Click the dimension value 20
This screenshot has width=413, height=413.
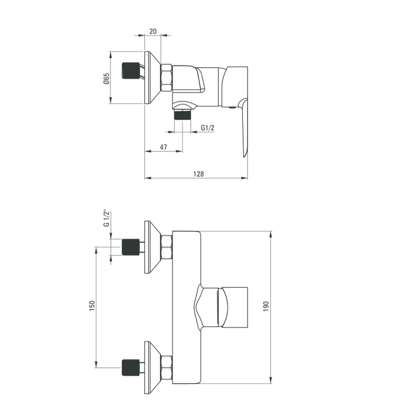pyautogui.click(x=153, y=31)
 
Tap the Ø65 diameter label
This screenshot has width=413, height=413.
pyautogui.click(x=106, y=78)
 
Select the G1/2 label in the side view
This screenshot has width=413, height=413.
pyautogui.click(x=208, y=128)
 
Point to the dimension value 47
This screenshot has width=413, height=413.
pyautogui.click(x=163, y=147)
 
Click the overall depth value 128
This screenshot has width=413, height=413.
pyautogui.click(x=198, y=174)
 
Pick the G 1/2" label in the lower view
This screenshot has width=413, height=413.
pyautogui.click(x=106, y=218)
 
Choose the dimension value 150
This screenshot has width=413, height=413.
pyautogui.click(x=92, y=306)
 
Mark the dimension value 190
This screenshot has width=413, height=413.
pyautogui.click(x=266, y=306)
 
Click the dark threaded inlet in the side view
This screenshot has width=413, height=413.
pyautogui.click(x=131, y=71)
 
